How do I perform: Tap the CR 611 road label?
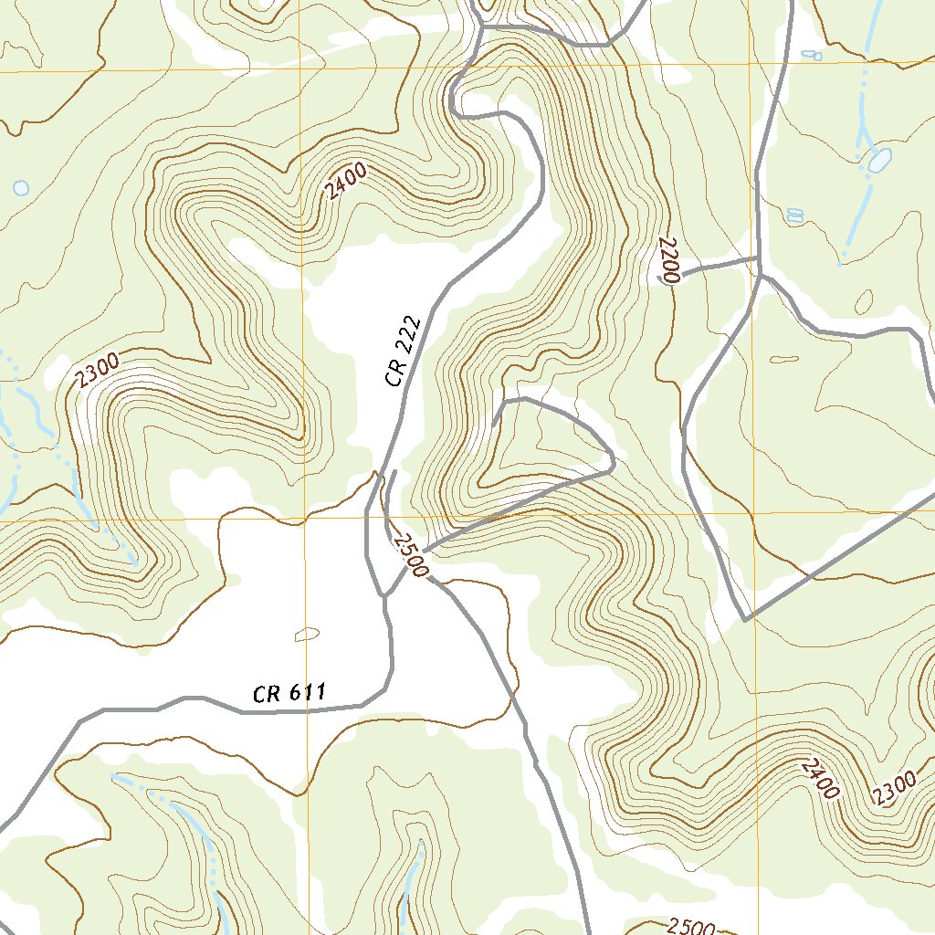[289, 694]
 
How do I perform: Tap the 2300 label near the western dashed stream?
[98, 373]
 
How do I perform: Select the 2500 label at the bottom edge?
[690, 927]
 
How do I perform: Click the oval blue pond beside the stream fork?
[878, 161]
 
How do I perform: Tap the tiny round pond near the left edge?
[20, 188]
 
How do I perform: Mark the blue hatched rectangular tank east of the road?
[794, 215]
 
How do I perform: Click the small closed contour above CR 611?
[308, 634]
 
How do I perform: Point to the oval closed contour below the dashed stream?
[863, 300]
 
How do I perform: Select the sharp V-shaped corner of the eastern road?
[746, 620]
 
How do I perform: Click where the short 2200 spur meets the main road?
[759, 259]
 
